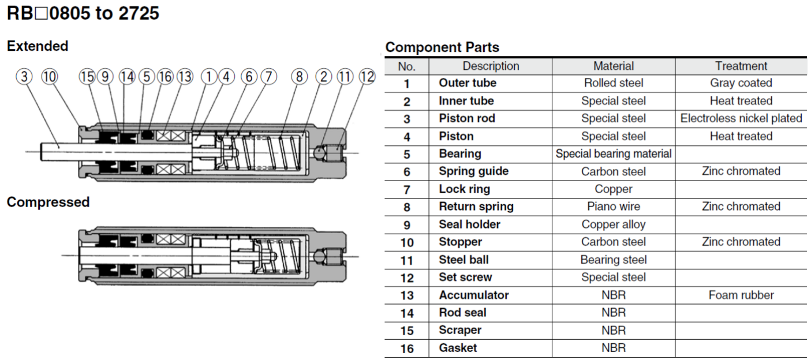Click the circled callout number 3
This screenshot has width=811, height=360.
24,76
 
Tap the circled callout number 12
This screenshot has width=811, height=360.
367,76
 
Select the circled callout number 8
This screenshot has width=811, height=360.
299,76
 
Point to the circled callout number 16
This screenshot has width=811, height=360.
165,76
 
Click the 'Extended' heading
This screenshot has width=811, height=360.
38,46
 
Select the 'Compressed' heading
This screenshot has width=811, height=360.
48,202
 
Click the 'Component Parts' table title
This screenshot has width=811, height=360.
442,47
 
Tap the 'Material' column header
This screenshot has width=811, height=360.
613,66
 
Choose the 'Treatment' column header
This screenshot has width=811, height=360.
741,66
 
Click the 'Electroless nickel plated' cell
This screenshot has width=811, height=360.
741,118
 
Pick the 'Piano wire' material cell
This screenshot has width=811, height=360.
613,207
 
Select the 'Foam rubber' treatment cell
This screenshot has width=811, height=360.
741,295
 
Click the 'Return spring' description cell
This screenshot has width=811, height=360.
476,207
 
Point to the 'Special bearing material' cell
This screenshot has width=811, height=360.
613,154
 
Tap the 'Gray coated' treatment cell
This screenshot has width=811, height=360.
741,83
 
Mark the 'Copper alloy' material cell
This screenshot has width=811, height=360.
613,224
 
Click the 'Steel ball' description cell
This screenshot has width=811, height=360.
464,260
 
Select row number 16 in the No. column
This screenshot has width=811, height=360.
406,348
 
